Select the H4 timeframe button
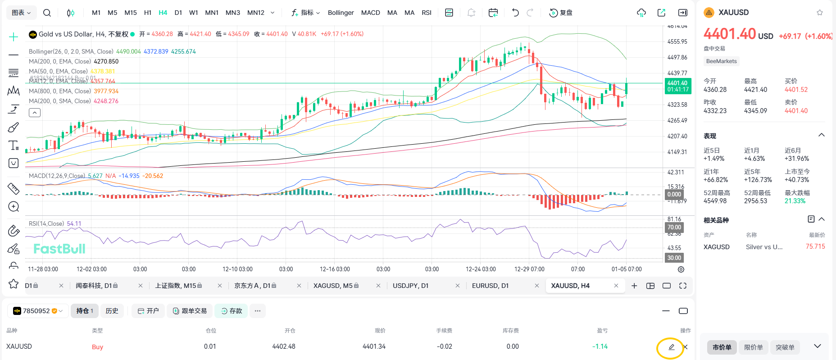163,13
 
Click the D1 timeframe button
178,13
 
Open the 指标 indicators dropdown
306,13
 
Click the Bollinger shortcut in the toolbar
341,13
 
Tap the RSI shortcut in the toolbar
426,13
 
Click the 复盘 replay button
561,13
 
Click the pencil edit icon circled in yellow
671,347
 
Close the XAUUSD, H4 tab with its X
616,286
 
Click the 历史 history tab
112,311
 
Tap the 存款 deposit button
231,311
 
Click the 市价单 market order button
722,347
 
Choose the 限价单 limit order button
753,347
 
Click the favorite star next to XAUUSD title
820,13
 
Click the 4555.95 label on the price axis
677,41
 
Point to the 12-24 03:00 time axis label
481,269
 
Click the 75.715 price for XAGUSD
815,246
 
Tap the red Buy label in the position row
97,347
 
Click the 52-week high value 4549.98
715,201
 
